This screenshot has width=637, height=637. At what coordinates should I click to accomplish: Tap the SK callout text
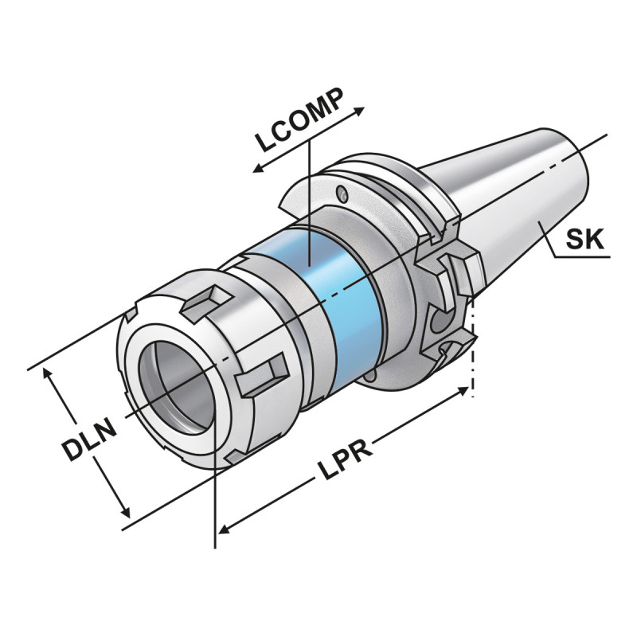586,238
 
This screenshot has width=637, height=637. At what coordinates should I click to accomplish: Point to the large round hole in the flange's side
438,322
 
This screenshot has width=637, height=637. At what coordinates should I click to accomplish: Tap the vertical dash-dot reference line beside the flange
474,350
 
